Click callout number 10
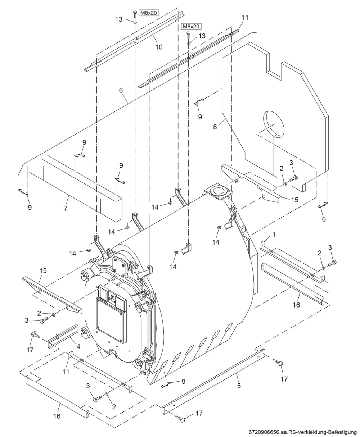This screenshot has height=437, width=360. pyautogui.click(x=159, y=47)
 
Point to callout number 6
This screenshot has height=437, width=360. pyautogui.click(x=121, y=90)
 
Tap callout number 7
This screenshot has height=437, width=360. pyautogui.click(x=66, y=208)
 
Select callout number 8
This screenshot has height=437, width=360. pyautogui.click(x=215, y=127)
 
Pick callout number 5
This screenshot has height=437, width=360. pyautogui.click(x=239, y=386)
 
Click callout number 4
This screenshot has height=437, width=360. pyautogui.click(x=78, y=346)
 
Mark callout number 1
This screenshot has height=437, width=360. pyautogui.click(x=274, y=235)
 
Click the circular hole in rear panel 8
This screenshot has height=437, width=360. pyautogui.click(x=274, y=124)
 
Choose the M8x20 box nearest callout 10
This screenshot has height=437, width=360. pyautogui.click(x=148, y=13)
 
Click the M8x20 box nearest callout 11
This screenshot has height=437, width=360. pyautogui.click(x=191, y=27)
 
